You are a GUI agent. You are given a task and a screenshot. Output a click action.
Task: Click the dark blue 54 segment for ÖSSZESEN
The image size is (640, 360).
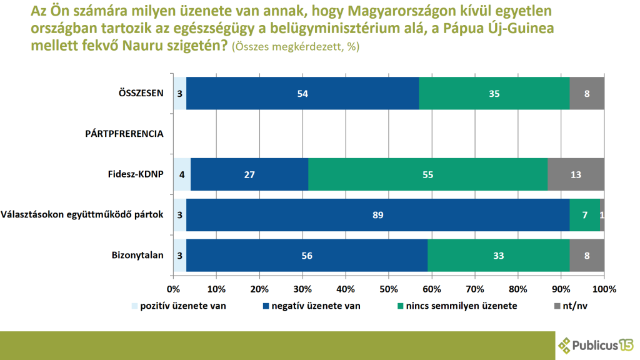click(x=302, y=93)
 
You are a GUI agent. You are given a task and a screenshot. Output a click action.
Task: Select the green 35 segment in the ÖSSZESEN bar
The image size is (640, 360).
click(x=494, y=93)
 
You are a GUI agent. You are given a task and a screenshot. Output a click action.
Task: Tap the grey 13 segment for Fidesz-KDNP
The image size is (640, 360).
click(x=576, y=174)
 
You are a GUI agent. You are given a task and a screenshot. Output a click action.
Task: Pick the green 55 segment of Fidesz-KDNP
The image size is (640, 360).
click(x=428, y=174)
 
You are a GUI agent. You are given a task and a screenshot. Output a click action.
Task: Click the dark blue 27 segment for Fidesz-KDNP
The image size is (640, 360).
click(x=249, y=174)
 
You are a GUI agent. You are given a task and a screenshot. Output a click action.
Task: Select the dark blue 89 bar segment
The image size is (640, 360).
click(x=377, y=215)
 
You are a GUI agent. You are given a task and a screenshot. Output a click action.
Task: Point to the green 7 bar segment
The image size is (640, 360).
click(x=584, y=215)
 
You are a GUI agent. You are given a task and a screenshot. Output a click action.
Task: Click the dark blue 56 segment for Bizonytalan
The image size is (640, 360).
click(x=307, y=255)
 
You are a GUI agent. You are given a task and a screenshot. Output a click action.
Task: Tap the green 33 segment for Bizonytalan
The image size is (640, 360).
click(x=499, y=255)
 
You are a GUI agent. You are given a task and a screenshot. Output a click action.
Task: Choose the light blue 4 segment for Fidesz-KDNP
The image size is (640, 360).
click(x=181, y=174)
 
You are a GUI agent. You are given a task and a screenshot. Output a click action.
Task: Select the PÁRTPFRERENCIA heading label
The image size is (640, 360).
click(x=124, y=134)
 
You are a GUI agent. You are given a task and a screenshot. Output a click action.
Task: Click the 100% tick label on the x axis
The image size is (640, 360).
click(x=604, y=289)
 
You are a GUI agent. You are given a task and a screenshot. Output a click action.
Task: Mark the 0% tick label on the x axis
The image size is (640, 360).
click(x=173, y=289)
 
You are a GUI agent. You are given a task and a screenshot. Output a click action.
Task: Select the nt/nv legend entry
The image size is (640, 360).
click(x=574, y=306)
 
